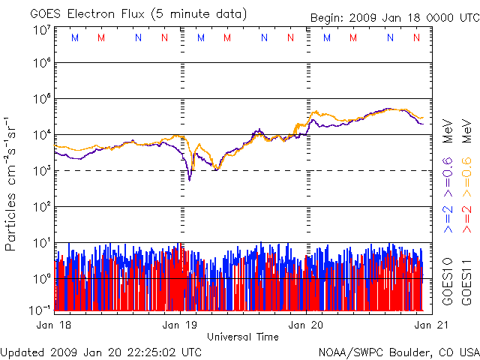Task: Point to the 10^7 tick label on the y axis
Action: point(41,31)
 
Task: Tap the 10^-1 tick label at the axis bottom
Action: point(40,309)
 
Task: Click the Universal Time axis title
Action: point(243,337)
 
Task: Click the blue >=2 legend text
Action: point(448,217)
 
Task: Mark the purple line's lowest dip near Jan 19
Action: point(189,179)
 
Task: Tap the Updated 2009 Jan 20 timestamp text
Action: point(101,351)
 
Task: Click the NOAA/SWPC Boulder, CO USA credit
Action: point(398,351)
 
